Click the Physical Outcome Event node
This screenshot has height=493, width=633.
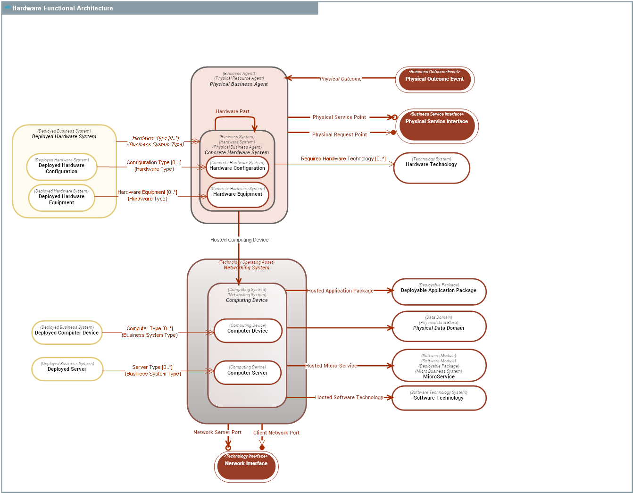tap(434, 79)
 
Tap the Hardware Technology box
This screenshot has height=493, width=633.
tap(431, 168)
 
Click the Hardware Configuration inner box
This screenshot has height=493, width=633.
tap(237, 168)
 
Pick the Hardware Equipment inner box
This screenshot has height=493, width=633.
tap(237, 194)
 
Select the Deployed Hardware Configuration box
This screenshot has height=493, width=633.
tap(61, 167)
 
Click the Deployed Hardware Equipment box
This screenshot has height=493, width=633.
tap(61, 198)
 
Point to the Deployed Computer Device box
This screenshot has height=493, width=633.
tap(67, 332)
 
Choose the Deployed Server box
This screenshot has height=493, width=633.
tap(67, 368)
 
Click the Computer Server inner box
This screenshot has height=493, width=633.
tap(247, 372)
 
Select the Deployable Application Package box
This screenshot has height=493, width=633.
tap(438, 292)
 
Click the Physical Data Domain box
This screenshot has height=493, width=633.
tap(438, 326)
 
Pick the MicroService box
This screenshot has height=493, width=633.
tap(438, 366)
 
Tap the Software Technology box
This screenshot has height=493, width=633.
tap(438, 398)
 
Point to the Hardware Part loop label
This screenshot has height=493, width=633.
tap(232, 112)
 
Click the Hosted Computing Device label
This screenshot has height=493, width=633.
tap(239, 240)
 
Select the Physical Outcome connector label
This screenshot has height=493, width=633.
tap(340, 79)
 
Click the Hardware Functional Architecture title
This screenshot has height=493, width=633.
tap(62, 8)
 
